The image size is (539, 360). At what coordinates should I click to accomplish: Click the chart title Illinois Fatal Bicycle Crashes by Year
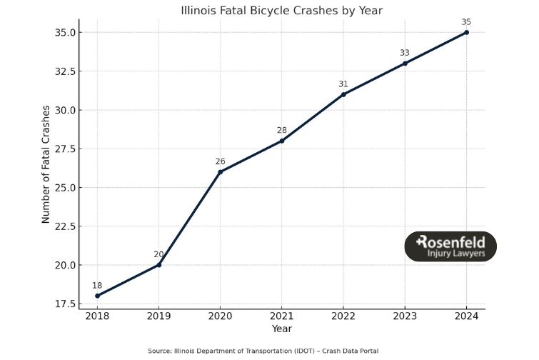point(282,10)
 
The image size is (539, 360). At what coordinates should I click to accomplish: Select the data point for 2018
point(97,296)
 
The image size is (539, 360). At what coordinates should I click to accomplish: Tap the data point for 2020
point(220,171)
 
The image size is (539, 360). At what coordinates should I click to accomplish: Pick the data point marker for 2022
point(343,94)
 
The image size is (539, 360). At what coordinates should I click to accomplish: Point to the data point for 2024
point(466,32)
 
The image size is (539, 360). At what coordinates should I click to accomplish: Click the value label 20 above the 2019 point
point(158,254)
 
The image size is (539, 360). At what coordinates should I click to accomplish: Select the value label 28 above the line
point(282,130)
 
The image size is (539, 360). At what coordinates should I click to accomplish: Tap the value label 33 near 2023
point(405,53)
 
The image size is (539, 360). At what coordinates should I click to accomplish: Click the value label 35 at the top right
point(466,22)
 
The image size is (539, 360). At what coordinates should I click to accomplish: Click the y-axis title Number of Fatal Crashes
point(46,164)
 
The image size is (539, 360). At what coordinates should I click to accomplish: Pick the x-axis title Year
point(282,329)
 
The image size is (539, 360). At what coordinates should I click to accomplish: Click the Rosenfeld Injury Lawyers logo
point(450,246)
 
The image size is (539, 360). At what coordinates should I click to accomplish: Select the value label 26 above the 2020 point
point(220,161)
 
